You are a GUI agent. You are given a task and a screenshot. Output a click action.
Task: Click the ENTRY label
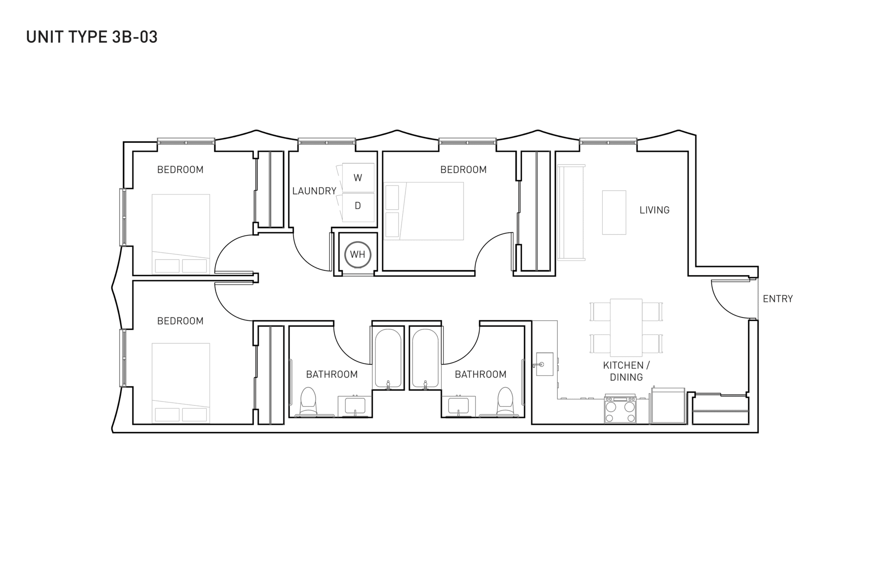778,299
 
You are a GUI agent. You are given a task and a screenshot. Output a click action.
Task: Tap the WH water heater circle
358,254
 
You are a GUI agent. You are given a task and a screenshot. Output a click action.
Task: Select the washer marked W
358,178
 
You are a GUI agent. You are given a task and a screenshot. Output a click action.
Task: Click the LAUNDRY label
314,191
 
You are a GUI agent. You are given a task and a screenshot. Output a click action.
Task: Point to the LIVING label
654,210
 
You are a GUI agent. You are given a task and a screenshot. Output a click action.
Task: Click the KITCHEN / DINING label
626,371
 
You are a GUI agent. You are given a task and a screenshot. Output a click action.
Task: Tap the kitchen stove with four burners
620,410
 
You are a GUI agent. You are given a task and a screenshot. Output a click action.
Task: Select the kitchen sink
544,364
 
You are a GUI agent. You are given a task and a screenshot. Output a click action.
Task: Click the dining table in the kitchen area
626,327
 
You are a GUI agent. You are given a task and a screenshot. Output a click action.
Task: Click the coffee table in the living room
614,213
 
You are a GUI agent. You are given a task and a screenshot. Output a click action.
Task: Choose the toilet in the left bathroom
309,401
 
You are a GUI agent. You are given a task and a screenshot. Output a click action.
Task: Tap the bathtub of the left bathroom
388,359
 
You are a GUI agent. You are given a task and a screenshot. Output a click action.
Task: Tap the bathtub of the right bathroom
425,359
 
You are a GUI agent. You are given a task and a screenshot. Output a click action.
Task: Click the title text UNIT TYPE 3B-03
92,37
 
